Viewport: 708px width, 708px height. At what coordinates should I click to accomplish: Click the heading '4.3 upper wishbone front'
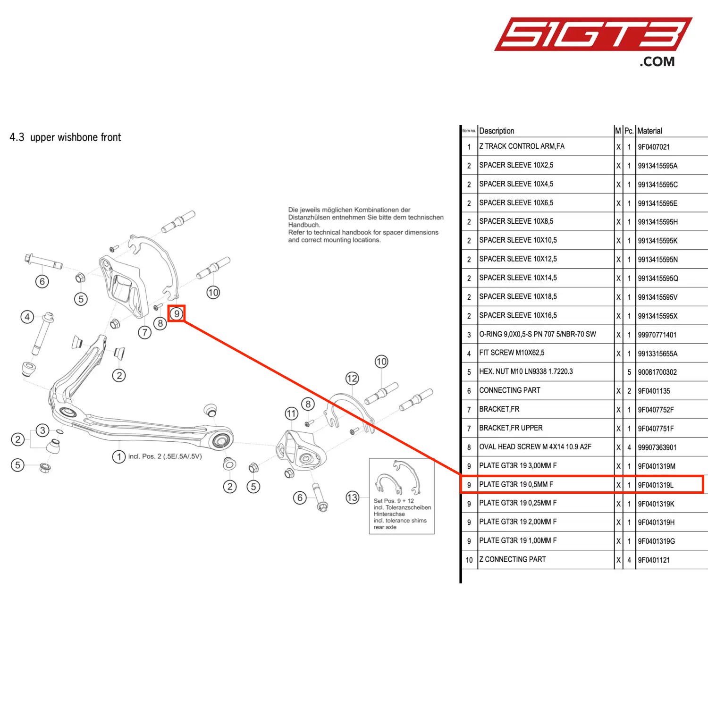point(65,137)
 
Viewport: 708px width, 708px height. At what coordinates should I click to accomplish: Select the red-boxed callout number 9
point(177,313)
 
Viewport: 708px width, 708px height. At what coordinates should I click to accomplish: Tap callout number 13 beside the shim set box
point(352,497)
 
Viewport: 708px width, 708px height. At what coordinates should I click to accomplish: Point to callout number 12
point(352,379)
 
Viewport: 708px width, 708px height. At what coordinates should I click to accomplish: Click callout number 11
point(291,414)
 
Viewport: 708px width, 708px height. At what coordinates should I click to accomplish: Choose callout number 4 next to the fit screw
point(27,317)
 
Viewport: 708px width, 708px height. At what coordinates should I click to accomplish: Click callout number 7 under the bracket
point(144,332)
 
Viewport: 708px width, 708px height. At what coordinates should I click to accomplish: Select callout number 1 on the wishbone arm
point(119,456)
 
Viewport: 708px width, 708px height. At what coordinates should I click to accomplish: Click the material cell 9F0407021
point(654,147)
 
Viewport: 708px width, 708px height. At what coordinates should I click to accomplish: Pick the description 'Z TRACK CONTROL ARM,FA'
point(522,146)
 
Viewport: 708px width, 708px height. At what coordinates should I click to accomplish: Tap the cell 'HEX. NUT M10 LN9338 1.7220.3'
point(526,371)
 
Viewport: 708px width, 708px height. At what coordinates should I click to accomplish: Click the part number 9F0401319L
point(656,485)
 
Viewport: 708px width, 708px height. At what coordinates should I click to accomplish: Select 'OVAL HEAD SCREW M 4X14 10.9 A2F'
point(535,447)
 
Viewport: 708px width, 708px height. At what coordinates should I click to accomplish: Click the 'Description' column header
point(497,131)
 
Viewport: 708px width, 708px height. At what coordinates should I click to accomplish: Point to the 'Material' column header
point(649,131)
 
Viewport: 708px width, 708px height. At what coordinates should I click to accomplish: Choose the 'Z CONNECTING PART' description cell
point(512,559)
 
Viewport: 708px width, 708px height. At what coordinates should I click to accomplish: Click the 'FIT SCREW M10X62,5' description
point(512,353)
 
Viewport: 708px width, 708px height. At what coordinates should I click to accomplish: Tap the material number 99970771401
point(657,335)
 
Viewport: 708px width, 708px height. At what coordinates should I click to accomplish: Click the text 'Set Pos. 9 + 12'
point(394,501)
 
